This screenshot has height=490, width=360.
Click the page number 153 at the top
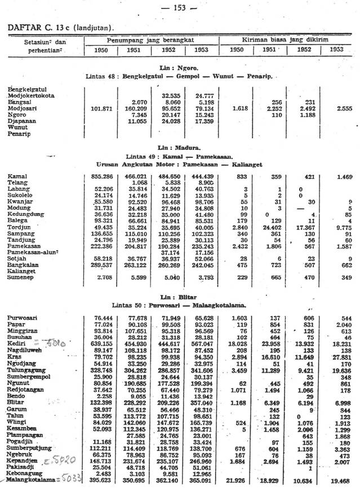pos(180,7)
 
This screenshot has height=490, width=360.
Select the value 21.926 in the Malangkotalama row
pos(236,480)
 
